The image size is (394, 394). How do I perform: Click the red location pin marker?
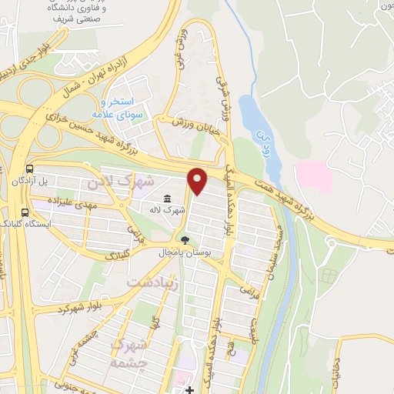198,181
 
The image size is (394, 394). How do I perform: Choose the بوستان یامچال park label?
182,252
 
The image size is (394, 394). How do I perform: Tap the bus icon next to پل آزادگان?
29,169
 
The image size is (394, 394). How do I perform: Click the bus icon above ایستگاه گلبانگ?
25,212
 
